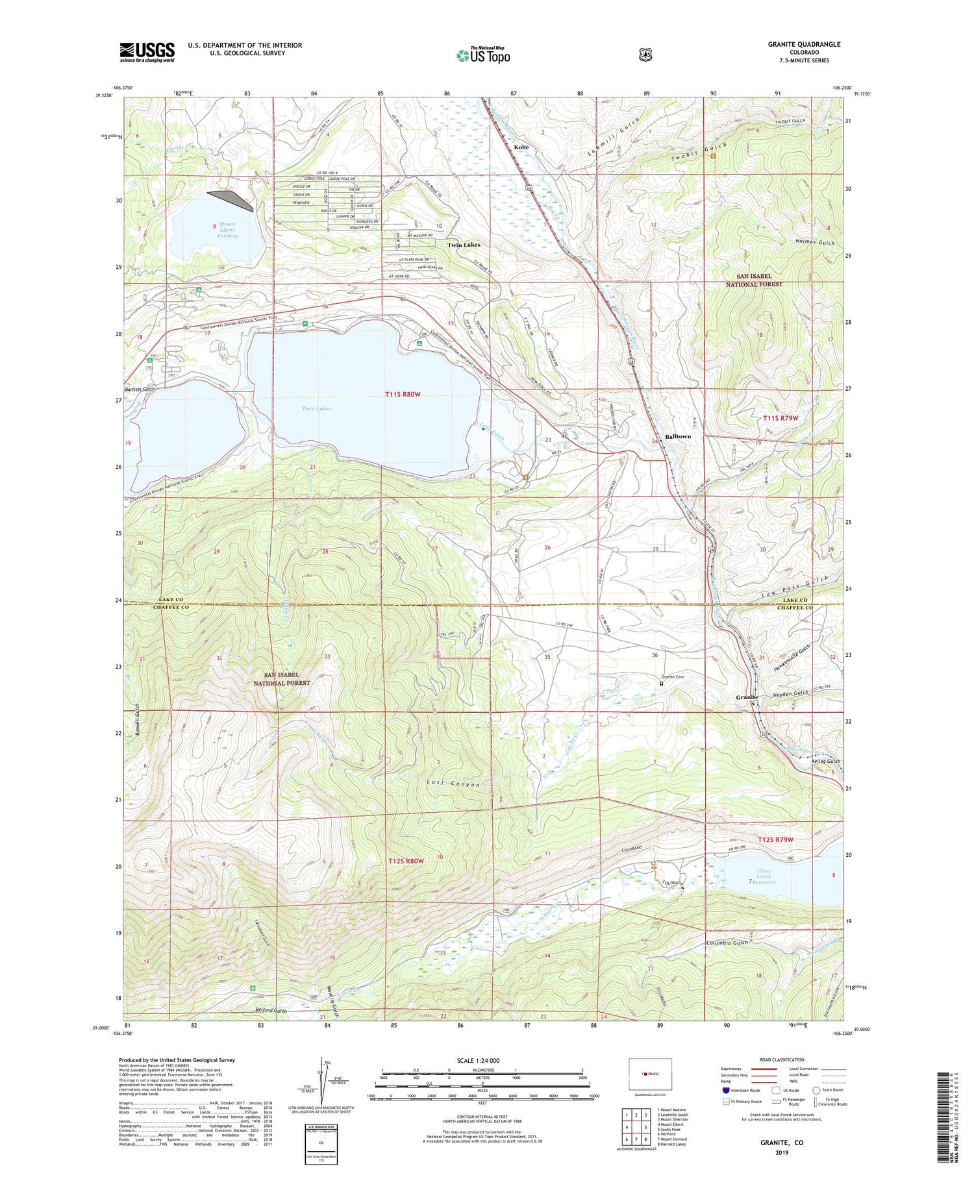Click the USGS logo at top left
[x=147, y=52]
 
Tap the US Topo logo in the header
[x=483, y=55]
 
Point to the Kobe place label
[x=521, y=147]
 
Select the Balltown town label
[x=677, y=436]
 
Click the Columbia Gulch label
[x=727, y=942]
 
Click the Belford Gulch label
[x=271, y=1011]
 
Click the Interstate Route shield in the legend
[x=727, y=1090]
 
